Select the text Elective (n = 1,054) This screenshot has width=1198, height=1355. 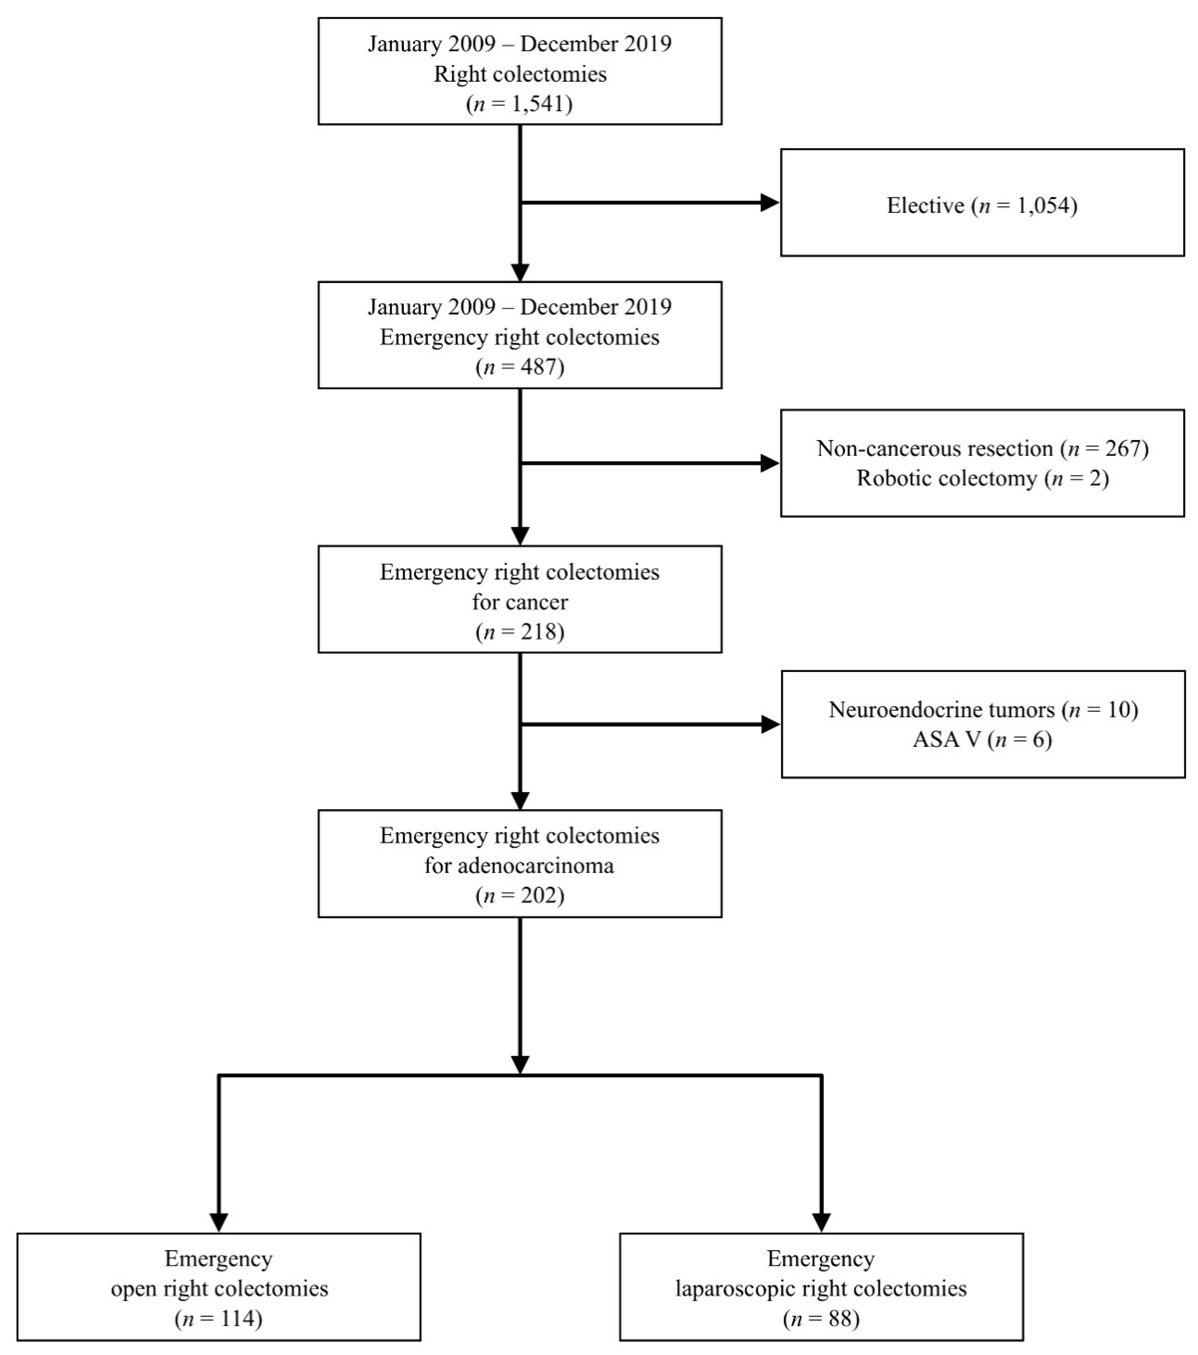point(982,206)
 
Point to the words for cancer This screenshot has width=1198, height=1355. point(520,602)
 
